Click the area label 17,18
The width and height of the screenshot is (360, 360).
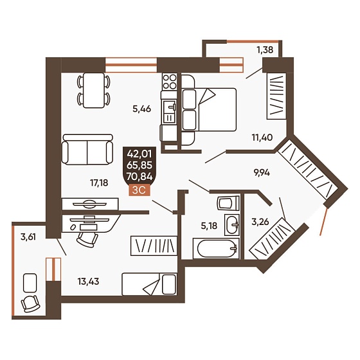[x=99, y=183]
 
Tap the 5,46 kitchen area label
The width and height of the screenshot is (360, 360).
[x=141, y=109]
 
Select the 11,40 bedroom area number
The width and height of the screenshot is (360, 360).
[x=262, y=138]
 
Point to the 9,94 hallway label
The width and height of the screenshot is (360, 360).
[x=262, y=172]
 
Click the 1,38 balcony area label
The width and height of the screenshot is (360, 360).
[x=265, y=50]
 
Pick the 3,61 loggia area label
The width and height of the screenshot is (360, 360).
[x=28, y=237]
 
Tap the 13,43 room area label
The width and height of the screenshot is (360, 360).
[x=89, y=282]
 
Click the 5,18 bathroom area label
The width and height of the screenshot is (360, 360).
[x=209, y=226]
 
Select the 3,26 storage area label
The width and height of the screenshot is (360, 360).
[x=260, y=222]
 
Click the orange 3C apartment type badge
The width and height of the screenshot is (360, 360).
[x=139, y=190]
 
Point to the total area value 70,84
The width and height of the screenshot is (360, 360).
[x=139, y=177]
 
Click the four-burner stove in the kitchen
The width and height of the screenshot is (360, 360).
[x=170, y=82]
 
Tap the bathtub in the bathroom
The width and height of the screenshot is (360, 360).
[x=216, y=248]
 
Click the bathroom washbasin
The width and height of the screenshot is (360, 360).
[x=232, y=225]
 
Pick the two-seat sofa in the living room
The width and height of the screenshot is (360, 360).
[x=87, y=149]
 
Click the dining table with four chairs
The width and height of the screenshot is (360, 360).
[x=93, y=90]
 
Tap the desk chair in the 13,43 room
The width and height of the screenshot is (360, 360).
[x=87, y=239]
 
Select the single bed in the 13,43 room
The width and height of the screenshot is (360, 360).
[x=149, y=284]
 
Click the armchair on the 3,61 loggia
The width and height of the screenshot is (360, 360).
[x=31, y=303]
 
